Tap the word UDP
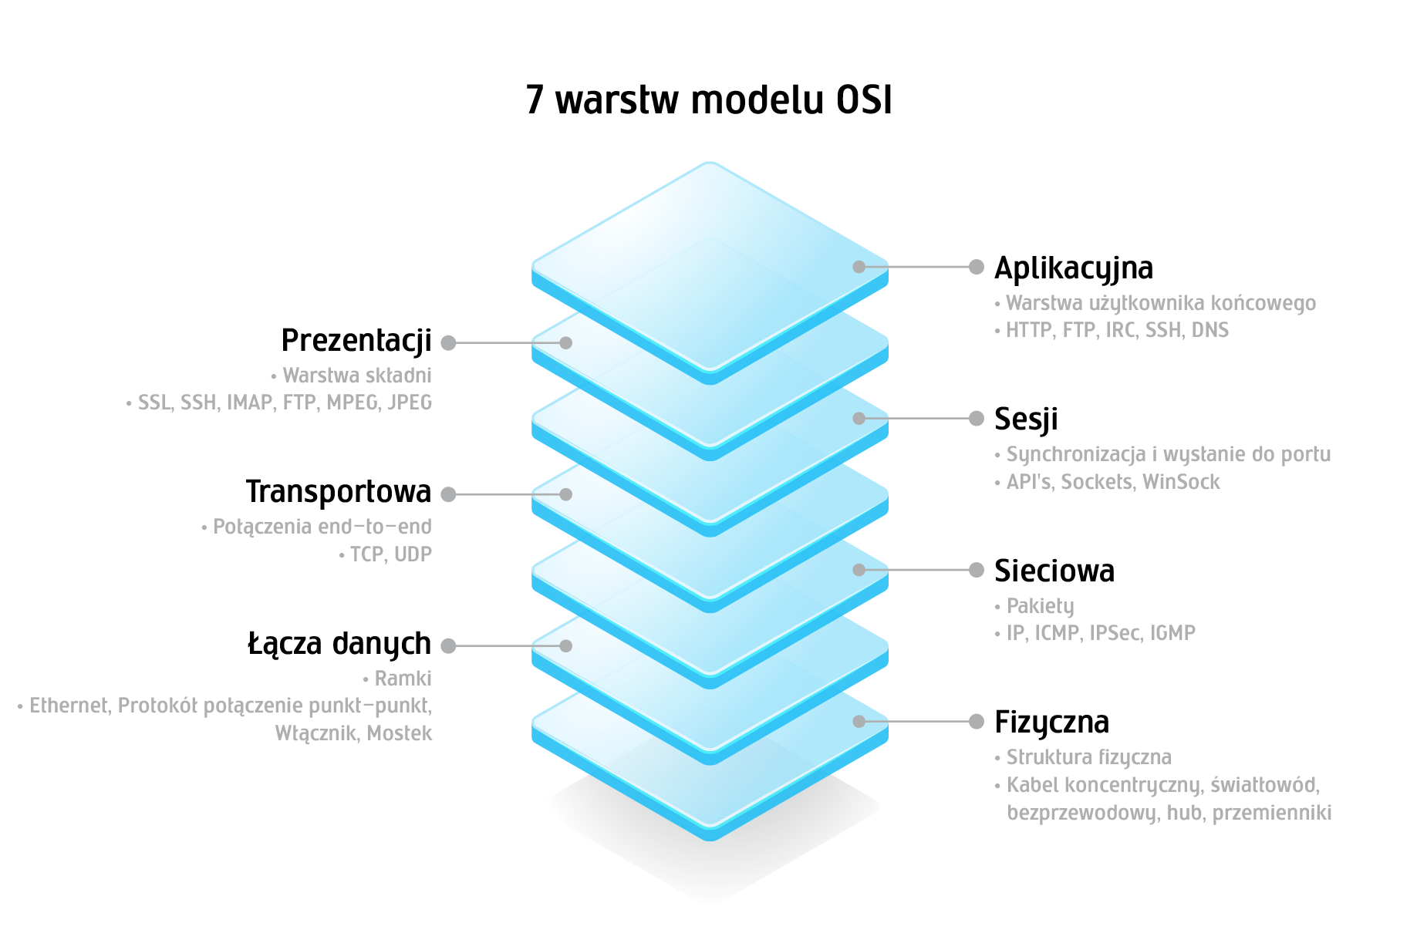tap(413, 554)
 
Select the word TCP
tap(367, 554)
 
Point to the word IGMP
tap(1172, 633)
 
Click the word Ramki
tap(403, 679)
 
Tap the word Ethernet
tap(69, 706)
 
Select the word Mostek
tap(399, 733)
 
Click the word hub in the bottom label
tap(1186, 813)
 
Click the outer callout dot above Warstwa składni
tap(448, 343)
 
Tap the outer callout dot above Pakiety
tap(977, 570)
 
